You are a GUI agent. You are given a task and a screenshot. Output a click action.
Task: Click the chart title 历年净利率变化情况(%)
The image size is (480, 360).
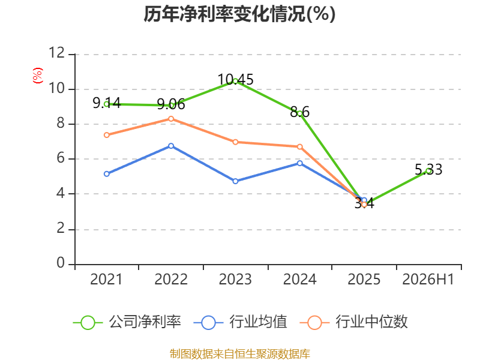tap(239, 14)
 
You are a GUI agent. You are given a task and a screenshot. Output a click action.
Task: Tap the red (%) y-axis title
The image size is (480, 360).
tap(38, 76)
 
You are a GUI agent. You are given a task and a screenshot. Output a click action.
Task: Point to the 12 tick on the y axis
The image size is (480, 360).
tap(57, 53)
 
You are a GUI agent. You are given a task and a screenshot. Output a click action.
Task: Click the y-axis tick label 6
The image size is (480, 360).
tap(61, 158)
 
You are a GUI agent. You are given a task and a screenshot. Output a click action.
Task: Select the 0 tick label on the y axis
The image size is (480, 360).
tap(61, 263)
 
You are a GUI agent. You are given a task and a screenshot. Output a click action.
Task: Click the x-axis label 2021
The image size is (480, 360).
tap(106, 279)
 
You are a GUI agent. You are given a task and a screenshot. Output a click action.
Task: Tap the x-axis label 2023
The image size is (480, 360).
tap(235, 279)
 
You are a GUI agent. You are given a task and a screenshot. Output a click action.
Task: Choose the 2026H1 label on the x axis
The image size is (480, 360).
tap(428, 279)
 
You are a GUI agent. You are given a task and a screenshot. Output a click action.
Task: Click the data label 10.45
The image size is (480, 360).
tap(235, 80)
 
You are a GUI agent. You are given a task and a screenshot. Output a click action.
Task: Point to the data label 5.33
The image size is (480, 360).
tap(428, 170)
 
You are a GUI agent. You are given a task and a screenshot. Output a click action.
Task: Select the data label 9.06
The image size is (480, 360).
tap(171, 104)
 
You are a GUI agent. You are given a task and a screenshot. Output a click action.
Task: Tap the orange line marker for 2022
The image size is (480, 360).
tap(171, 119)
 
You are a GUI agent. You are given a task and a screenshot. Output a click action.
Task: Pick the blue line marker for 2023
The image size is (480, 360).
tap(235, 181)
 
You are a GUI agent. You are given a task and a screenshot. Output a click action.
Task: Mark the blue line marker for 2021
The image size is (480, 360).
tap(107, 174)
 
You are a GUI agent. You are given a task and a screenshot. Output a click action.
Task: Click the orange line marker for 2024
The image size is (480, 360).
tap(299, 147)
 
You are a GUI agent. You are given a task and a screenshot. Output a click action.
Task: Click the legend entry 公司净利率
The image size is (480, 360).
tap(127, 322)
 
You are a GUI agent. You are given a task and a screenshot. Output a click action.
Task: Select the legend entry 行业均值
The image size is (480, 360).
tap(241, 322)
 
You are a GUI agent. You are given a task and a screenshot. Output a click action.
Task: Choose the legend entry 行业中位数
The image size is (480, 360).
tap(354, 322)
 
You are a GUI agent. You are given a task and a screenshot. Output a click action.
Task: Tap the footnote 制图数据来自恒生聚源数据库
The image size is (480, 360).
tap(240, 354)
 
